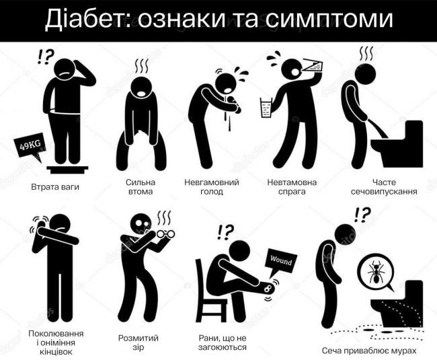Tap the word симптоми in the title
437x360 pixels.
point(329,20)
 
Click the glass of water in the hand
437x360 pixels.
point(267,108)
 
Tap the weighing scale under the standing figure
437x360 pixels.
point(67,170)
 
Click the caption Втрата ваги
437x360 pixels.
point(55,187)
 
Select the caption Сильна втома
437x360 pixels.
point(141,187)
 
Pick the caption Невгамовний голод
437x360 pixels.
point(212,187)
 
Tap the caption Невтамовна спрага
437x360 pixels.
point(292,187)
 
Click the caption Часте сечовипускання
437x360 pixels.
point(384,187)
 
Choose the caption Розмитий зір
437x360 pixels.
point(138,343)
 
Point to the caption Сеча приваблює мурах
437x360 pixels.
point(369,351)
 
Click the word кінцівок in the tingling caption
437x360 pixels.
point(56,352)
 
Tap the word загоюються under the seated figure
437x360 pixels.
point(223,347)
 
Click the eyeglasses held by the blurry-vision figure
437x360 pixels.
point(165,234)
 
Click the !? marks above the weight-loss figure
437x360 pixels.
point(45,57)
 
